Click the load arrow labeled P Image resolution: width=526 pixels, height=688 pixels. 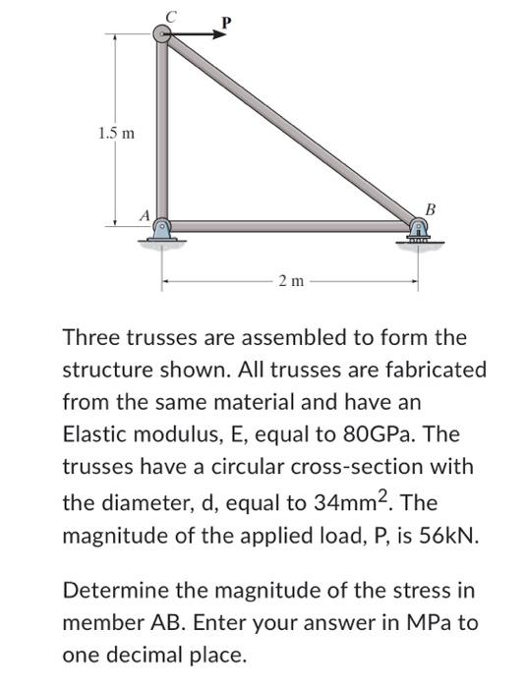click(197, 34)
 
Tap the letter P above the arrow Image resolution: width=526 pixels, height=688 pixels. click(227, 20)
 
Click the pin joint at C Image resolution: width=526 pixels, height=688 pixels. click(162, 34)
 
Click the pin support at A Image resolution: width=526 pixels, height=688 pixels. click(162, 229)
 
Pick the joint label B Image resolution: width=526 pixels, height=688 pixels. click(430, 207)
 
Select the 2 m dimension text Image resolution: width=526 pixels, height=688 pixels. click(290, 283)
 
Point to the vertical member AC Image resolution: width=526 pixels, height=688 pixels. click(162, 128)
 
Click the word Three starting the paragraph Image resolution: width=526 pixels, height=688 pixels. click(91, 338)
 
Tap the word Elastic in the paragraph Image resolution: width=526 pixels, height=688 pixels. click(94, 433)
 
